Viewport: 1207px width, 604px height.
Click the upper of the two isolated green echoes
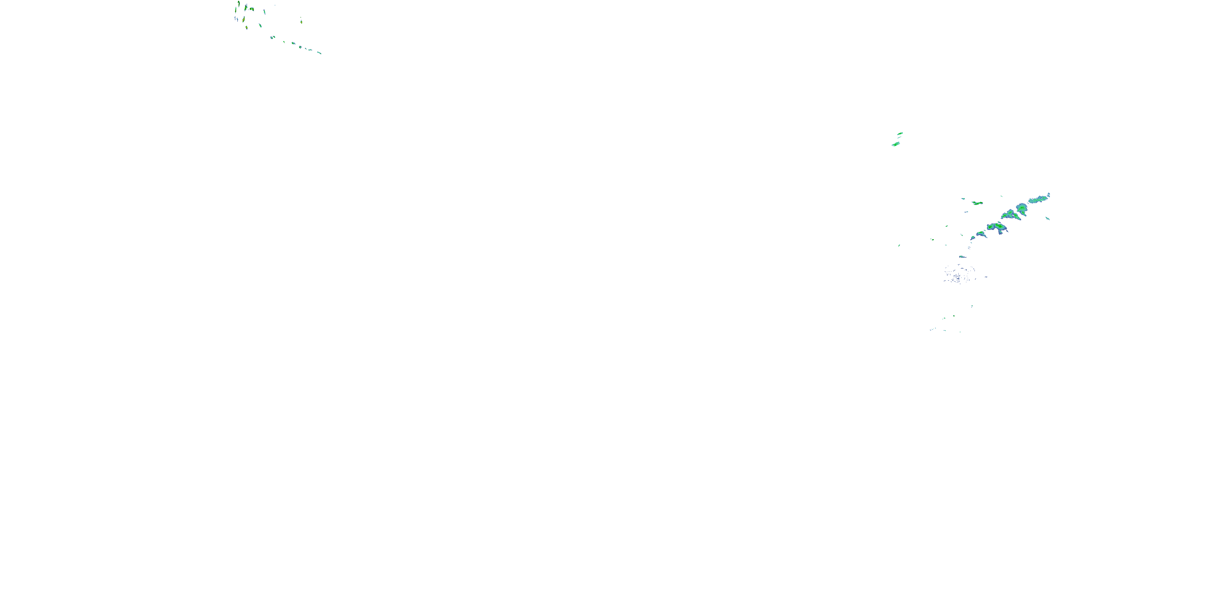[900, 134]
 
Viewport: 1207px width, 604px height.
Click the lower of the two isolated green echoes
[896, 144]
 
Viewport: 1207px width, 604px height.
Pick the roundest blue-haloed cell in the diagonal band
[1022, 207]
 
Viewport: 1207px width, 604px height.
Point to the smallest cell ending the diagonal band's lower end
[973, 238]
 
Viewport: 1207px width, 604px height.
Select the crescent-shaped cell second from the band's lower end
[981, 234]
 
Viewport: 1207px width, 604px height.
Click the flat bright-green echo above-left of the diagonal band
[977, 203]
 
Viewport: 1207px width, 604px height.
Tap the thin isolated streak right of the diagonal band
[1048, 218]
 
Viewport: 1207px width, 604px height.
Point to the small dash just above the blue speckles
[962, 256]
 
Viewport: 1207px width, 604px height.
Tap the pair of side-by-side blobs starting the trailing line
[273, 37]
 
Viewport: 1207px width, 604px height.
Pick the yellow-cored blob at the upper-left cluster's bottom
[247, 27]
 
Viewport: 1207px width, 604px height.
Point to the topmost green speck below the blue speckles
[972, 306]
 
